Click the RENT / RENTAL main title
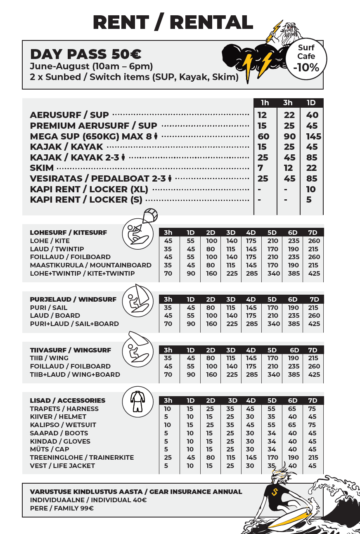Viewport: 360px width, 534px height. [x=173, y=22]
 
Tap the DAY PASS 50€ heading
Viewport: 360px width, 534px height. [x=86, y=54]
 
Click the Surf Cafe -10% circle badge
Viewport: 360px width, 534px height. [x=306, y=58]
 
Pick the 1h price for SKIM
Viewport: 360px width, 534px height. [x=260, y=168]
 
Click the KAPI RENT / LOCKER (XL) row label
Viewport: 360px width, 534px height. [x=89, y=189]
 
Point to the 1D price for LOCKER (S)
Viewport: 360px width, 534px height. [x=309, y=200]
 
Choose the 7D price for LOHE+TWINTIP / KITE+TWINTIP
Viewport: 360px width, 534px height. [x=314, y=273]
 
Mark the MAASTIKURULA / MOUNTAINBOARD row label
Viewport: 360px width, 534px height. [x=90, y=265]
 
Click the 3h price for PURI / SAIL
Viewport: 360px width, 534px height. [x=168, y=307]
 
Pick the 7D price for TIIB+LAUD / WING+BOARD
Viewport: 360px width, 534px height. [x=314, y=375]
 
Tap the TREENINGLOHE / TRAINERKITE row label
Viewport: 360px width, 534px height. [x=82, y=457]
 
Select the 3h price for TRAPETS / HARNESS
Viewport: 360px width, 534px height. [x=168, y=409]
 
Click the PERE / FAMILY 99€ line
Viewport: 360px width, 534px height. [x=62, y=508]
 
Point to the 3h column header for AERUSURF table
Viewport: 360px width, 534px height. [x=288, y=103]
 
